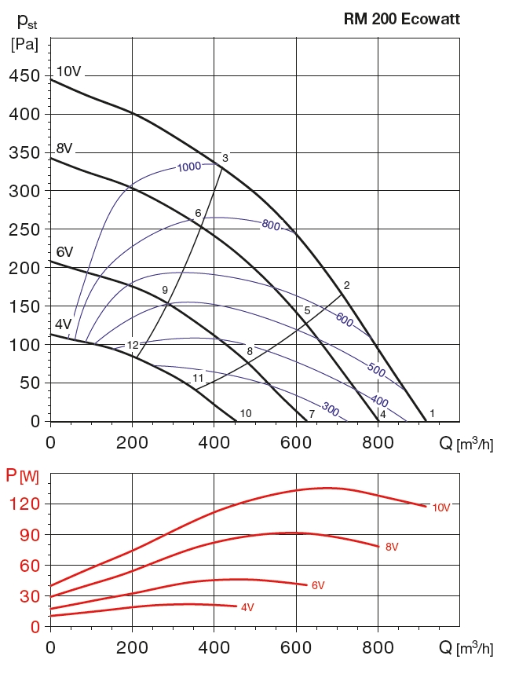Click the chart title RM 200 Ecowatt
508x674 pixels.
click(401, 20)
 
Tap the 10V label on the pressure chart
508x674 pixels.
click(68, 71)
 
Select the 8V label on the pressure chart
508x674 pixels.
click(64, 148)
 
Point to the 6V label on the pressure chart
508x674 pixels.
click(64, 252)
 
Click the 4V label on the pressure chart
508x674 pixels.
click(63, 324)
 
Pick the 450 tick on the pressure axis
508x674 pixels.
click(24, 76)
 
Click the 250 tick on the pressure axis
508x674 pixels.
click(24, 229)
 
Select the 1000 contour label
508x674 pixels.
click(189, 167)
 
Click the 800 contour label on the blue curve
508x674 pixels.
click(271, 225)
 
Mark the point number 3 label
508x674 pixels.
click(225, 159)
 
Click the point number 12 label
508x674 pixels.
click(133, 345)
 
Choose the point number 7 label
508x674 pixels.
click(312, 413)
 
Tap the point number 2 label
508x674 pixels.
click(346, 284)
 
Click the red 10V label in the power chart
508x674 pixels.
click(440, 507)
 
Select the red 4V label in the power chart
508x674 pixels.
click(247, 607)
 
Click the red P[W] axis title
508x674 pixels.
click(21, 475)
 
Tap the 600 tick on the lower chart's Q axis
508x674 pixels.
click(296, 648)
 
